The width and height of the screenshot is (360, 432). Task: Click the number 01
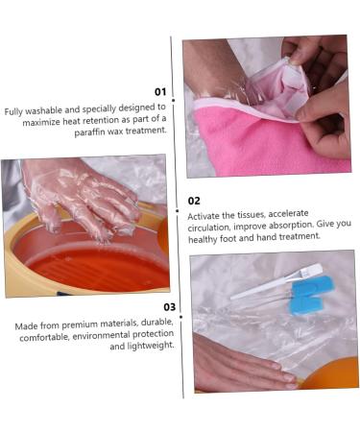(x=160, y=92)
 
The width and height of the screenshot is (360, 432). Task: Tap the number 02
(x=194, y=201)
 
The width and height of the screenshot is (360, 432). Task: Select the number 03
(x=169, y=307)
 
